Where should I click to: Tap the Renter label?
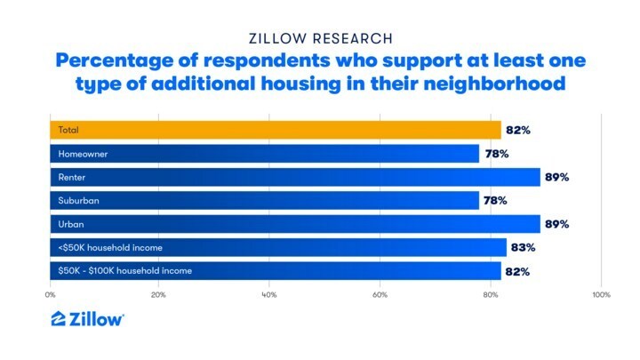71,177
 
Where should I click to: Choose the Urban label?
70,223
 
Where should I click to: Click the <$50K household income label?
110,247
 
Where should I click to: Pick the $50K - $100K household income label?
125,270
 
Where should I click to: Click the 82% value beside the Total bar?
517,131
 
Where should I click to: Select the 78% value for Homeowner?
495,154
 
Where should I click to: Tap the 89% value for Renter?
556,177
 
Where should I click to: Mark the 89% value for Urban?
556,224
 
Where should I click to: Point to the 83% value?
523,247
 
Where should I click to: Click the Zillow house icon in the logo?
58,319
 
